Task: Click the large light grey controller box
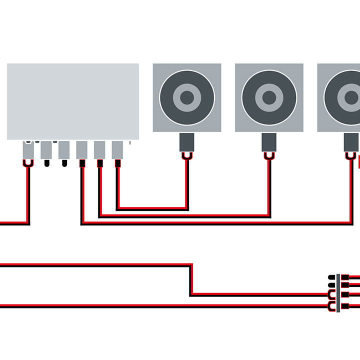coord(73,101)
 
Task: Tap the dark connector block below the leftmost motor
coord(187,143)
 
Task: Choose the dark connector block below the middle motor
coord(269,143)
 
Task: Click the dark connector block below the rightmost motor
coord(351,143)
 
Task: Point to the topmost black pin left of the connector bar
coord(331,277)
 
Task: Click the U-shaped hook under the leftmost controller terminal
coord(28,163)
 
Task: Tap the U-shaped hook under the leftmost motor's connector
coord(187,156)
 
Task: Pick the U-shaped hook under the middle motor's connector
coord(269,156)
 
